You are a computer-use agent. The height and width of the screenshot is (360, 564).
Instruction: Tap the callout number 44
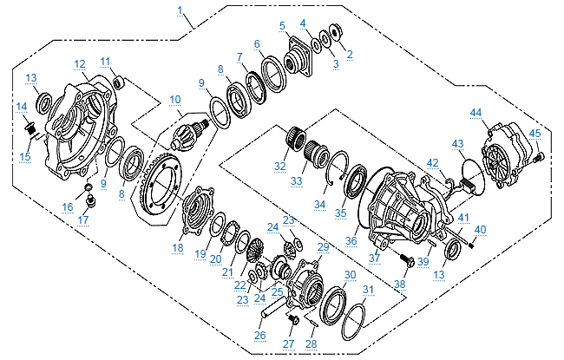pyautogui.click(x=475, y=113)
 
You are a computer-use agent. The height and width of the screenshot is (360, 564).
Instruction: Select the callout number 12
pyautogui.click(x=80, y=63)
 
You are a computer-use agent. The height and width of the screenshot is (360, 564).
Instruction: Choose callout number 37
pyautogui.click(x=374, y=258)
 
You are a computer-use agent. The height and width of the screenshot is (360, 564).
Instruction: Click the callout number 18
pyautogui.click(x=178, y=247)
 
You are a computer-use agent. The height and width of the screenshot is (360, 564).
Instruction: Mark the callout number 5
pyautogui.click(x=283, y=25)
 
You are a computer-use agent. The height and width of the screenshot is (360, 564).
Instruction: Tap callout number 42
pyautogui.click(x=431, y=161)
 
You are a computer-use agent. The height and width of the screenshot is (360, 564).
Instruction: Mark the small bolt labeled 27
pyautogui.click(x=292, y=320)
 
